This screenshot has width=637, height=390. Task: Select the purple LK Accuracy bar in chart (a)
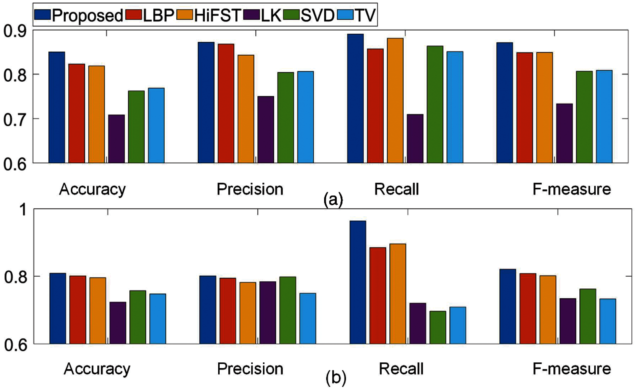(117, 139)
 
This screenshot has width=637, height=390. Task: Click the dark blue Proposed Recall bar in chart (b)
(358, 282)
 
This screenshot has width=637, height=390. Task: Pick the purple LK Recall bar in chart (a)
(415, 139)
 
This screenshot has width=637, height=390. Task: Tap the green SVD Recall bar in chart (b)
(438, 327)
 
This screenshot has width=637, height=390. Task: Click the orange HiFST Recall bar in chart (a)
(395, 101)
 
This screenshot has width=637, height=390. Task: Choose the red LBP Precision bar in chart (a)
(226, 103)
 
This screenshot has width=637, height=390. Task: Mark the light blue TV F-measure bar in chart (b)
(607, 321)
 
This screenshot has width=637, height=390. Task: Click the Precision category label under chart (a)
(250, 189)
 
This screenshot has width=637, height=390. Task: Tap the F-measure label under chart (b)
(572, 369)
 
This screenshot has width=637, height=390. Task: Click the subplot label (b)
(336, 378)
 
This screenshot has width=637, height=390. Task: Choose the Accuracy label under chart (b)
(97, 369)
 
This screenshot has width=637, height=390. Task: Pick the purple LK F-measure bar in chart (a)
(564, 133)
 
